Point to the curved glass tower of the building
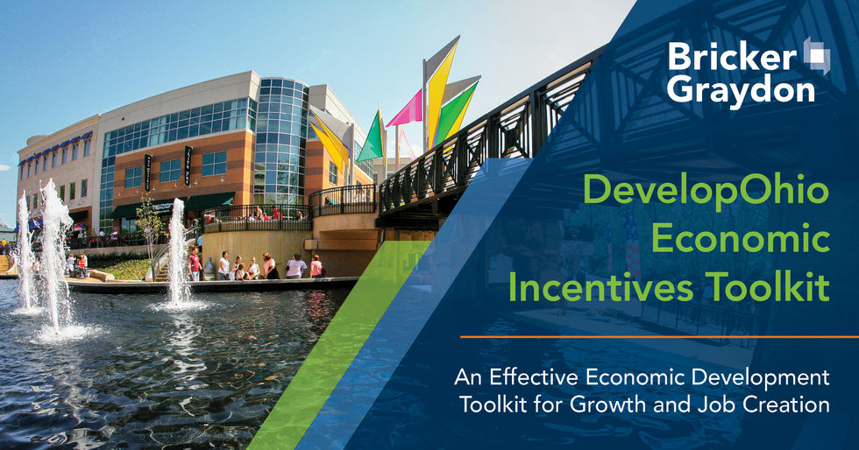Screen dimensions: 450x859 (x=280, y=140)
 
